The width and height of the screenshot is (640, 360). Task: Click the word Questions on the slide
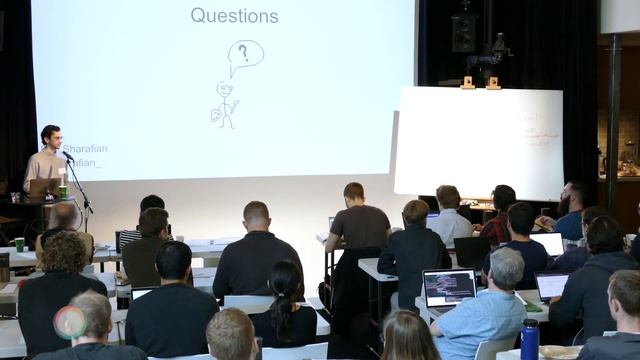[x=234, y=16]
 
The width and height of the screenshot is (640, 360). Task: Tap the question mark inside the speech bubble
[x=243, y=52]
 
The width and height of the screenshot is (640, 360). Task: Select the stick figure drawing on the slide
[x=226, y=104]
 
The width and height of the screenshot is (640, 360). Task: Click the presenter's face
[x=51, y=138]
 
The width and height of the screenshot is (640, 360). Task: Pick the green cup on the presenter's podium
[x=63, y=190]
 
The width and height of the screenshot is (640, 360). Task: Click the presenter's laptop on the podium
[x=43, y=187]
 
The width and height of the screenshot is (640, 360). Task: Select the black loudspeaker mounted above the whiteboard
[x=463, y=32]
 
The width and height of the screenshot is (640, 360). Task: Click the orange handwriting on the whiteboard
[x=527, y=128]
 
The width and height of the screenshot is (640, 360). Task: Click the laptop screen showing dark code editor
[x=449, y=287]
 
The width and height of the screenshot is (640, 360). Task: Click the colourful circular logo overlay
[x=69, y=322]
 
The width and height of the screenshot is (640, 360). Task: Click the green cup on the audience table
[x=19, y=244]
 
